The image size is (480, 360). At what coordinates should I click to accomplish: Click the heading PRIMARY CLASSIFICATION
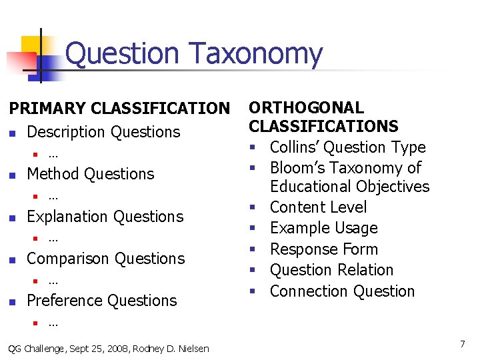pos(118,108)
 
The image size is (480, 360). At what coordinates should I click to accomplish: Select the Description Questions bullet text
pos(103,132)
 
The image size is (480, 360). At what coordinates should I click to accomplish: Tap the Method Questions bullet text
pos(90,174)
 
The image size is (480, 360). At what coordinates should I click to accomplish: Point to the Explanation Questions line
pos(105,217)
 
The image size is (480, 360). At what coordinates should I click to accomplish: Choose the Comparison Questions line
pos(105,259)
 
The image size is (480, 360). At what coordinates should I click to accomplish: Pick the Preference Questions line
pos(101,301)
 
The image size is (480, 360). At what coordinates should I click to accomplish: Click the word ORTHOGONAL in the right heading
pos(306,108)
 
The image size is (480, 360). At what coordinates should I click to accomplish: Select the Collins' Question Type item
pos(347,147)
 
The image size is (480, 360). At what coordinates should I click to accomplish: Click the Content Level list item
pos(318,207)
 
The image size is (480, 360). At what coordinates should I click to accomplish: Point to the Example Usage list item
pos(323,228)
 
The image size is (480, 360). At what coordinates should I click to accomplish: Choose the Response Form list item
pos(323,249)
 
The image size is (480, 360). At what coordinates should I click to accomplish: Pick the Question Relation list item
pos(331,270)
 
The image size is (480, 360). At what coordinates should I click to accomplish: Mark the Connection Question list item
pos(342,291)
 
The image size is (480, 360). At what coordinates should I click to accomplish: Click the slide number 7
pos(462,344)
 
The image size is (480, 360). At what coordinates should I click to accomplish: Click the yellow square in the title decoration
pos(31,45)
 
